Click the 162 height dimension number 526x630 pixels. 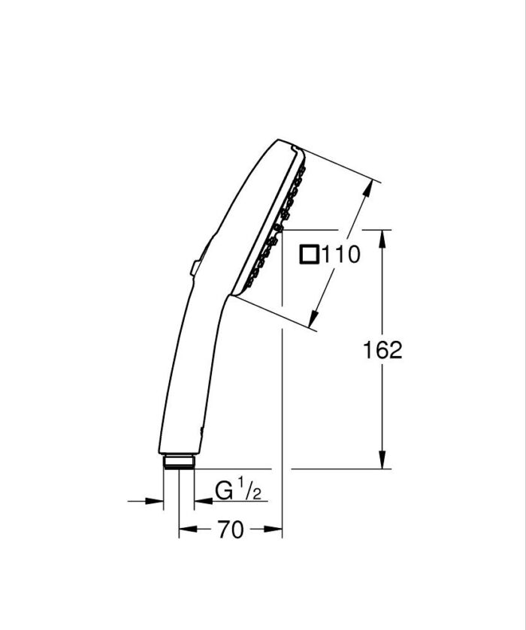pyautogui.click(x=382, y=350)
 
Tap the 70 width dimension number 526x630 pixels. pyautogui.click(x=231, y=530)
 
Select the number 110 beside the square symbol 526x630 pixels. pyautogui.click(x=340, y=255)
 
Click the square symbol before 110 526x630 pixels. pyautogui.click(x=309, y=255)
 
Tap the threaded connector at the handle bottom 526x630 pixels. pyautogui.click(x=179, y=461)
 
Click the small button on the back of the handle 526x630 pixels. pyautogui.click(x=195, y=267)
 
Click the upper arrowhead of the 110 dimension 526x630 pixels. pyautogui.click(x=370, y=187)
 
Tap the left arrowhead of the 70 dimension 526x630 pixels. pyautogui.click(x=184, y=530)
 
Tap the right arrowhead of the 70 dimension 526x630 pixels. pyautogui.click(x=277, y=530)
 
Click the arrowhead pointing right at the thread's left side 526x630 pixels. pyautogui.click(x=157, y=500)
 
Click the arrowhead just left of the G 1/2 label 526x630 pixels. pyautogui.click(x=201, y=500)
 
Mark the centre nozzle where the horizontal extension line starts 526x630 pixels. pyautogui.click(x=277, y=228)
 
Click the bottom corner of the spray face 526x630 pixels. pyautogui.click(x=234, y=294)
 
